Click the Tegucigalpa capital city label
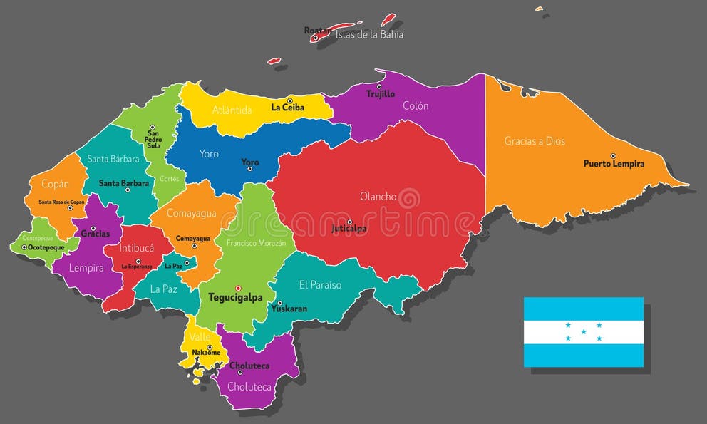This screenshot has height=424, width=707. click(x=235, y=297)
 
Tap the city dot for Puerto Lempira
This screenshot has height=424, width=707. click(x=613, y=155)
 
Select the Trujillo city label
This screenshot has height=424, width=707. click(x=381, y=94)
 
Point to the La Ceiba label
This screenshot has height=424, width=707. click(x=287, y=108)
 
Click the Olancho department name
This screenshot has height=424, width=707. click(x=378, y=196)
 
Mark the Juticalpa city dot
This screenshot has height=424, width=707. click(x=349, y=222)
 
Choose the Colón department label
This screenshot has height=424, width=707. click(x=416, y=105)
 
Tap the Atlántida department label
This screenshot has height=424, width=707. click(x=232, y=110)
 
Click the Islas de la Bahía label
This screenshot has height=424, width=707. click(x=369, y=33)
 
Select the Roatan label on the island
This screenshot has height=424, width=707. click(x=317, y=31)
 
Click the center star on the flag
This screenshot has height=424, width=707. click(x=584, y=331)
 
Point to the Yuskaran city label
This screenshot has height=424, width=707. click(x=289, y=309)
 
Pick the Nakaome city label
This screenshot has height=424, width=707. click(x=206, y=353)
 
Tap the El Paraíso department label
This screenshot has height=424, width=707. click(x=320, y=285)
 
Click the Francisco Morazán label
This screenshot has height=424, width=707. click(x=256, y=243)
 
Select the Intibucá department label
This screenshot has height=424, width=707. click(x=136, y=249)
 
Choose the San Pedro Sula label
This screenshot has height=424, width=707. click(x=153, y=139)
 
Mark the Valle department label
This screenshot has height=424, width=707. click(x=200, y=337)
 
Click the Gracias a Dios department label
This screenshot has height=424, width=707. click(x=535, y=141)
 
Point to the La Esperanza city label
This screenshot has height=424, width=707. click(x=137, y=267)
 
